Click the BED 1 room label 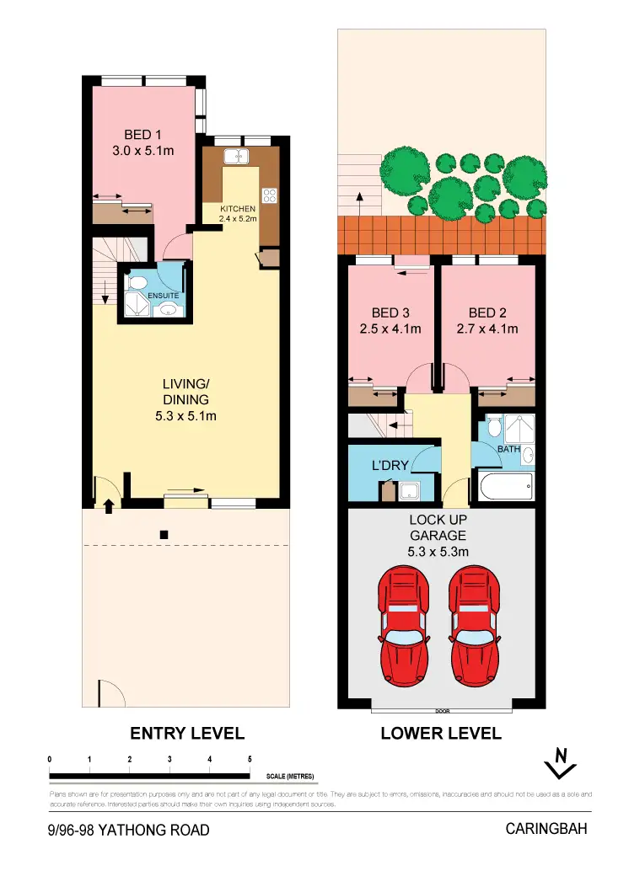(x=142, y=135)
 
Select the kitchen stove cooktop (x=270, y=195)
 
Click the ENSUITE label (x=163, y=296)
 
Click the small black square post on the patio (x=164, y=534)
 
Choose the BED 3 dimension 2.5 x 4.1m (x=390, y=329)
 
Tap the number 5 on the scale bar (x=250, y=759)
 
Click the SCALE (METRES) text (x=292, y=776)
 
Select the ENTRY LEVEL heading (x=187, y=733)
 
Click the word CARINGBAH (x=546, y=829)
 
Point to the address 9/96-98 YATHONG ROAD (x=129, y=831)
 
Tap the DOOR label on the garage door (x=441, y=710)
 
